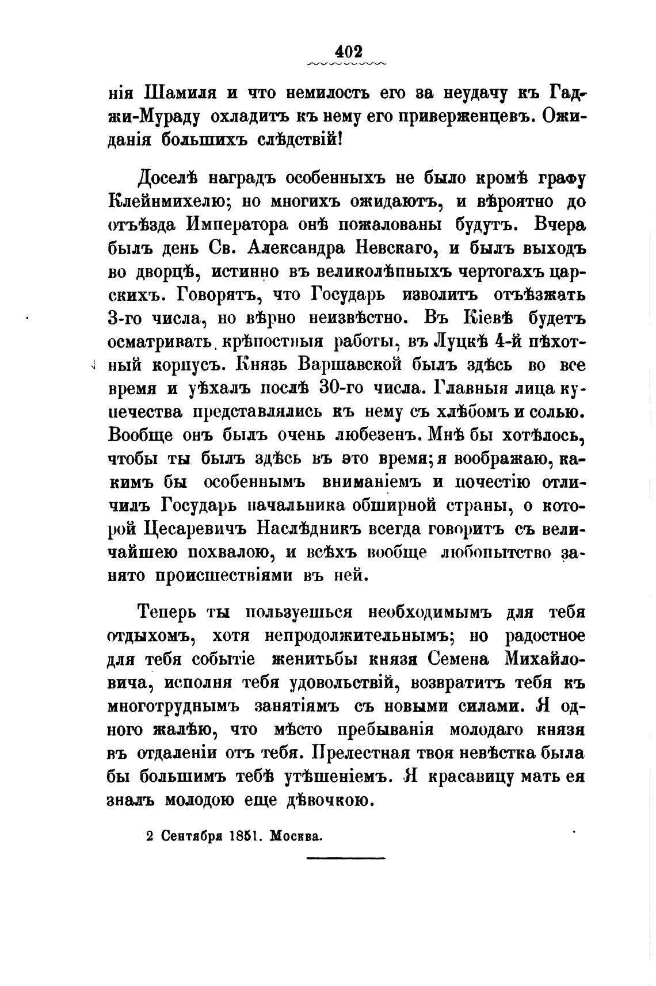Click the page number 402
pyautogui.click(x=348, y=50)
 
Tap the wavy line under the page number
pyautogui.click(x=348, y=63)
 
